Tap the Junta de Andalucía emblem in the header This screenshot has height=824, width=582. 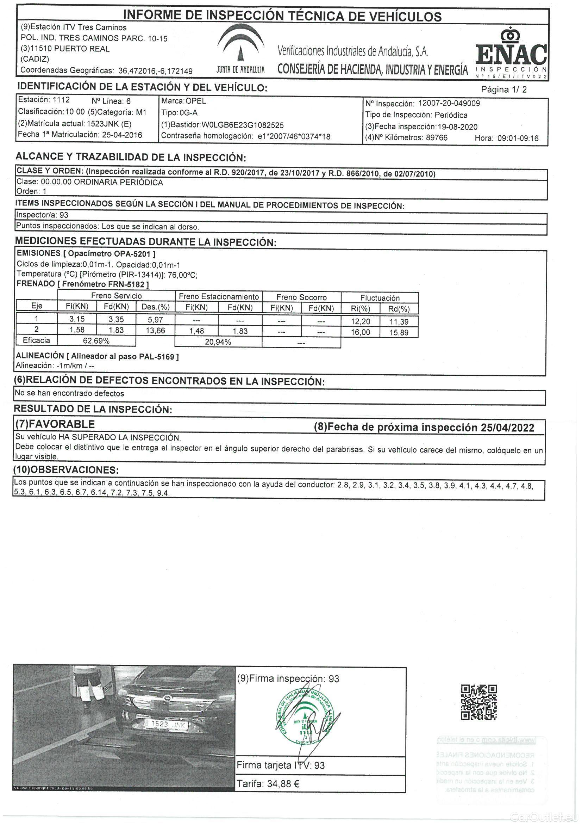[240, 50]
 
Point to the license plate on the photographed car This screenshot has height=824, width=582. [166, 724]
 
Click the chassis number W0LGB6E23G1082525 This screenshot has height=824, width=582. [243, 125]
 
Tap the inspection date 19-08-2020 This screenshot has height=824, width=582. [458, 127]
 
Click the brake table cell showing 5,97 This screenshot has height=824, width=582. [155, 319]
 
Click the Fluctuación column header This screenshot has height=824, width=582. [380, 298]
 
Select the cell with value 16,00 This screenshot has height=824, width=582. [361, 332]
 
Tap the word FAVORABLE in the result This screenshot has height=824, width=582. [61, 424]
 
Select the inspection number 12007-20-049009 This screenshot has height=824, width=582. [449, 103]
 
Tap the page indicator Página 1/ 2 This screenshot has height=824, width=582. [504, 90]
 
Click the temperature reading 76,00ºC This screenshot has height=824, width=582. [182, 275]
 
